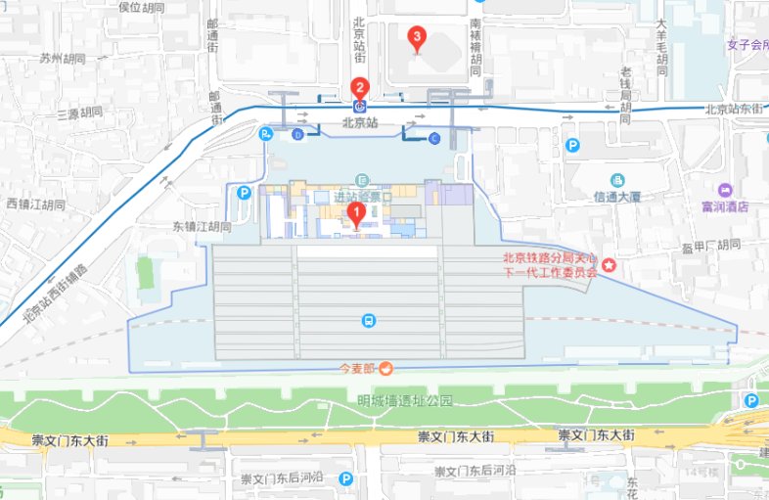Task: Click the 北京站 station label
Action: [359, 123]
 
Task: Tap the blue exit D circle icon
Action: [298, 134]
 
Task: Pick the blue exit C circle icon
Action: [434, 138]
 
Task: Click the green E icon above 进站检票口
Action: [362, 179]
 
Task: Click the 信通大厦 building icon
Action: [617, 180]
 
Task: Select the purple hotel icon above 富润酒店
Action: [725, 190]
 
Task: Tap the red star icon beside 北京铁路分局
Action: [609, 265]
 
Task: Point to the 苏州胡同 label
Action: [62, 59]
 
